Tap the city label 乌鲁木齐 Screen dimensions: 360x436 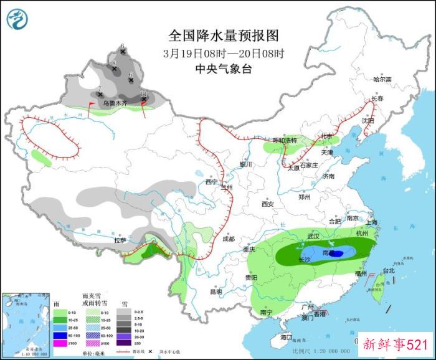tap(115, 103)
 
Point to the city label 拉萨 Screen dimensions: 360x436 tap(121, 240)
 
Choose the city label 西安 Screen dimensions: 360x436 tap(268, 204)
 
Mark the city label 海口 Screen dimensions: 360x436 tap(286, 337)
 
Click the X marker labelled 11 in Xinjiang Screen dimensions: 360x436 tap(144, 98)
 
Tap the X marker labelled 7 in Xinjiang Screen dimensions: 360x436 tap(100, 94)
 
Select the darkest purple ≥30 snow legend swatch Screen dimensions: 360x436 tap(126, 343)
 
